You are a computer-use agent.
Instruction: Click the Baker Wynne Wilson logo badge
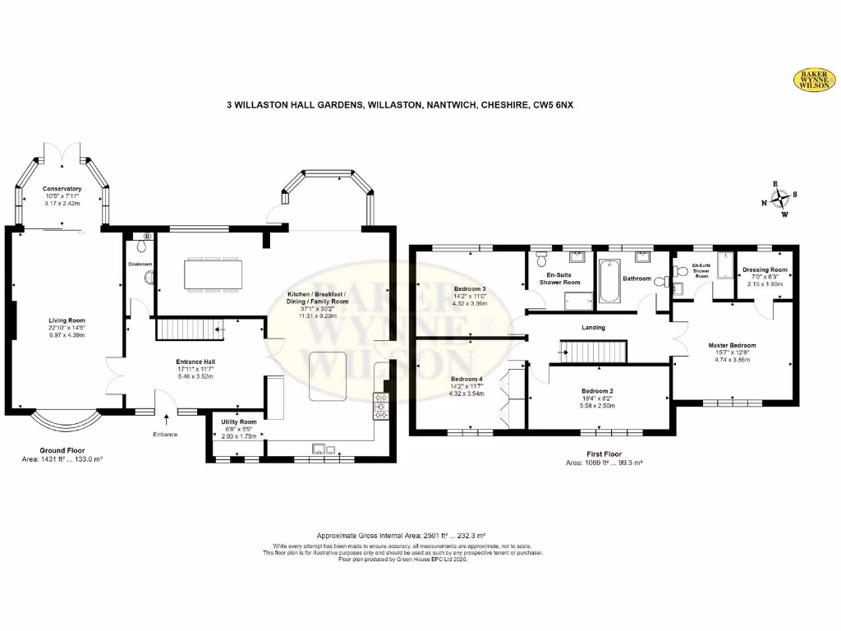tap(813, 79)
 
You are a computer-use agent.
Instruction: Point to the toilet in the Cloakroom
tap(149, 279)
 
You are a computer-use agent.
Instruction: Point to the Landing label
tap(593, 328)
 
